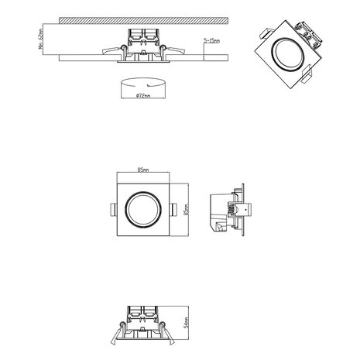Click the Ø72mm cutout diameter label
142,95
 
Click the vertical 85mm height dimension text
187,209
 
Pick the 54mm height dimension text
187,324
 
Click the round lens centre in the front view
142,209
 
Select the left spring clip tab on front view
112,209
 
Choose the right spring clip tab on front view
172,209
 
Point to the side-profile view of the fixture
230,209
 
